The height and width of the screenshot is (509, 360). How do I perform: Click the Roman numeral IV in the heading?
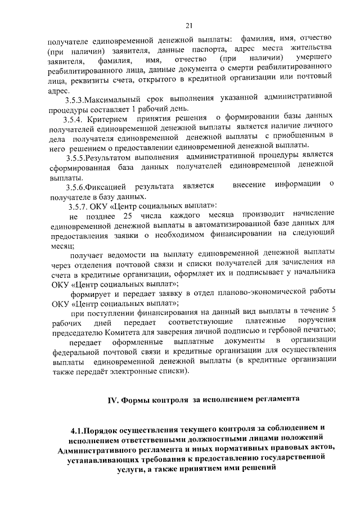112,399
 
